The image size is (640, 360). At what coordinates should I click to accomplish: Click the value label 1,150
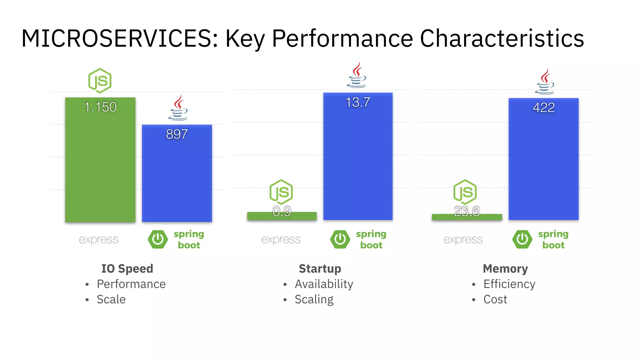click(100, 107)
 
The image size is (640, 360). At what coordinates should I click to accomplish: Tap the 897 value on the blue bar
click(177, 134)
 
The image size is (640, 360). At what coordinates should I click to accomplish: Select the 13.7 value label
click(358, 102)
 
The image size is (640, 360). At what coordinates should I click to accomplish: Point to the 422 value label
click(544, 108)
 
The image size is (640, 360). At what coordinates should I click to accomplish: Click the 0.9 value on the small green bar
click(282, 212)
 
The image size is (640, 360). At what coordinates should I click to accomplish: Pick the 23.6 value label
click(467, 212)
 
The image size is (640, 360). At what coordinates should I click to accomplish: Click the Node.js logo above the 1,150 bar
click(100, 81)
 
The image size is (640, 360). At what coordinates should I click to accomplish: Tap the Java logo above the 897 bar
click(178, 108)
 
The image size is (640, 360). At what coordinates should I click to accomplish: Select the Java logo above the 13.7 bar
click(357, 75)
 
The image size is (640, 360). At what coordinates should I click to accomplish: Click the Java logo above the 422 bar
click(545, 82)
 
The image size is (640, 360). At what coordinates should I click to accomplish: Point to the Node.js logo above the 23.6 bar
click(465, 192)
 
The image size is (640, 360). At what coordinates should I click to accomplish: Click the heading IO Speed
click(127, 268)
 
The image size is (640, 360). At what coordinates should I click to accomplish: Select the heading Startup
click(320, 268)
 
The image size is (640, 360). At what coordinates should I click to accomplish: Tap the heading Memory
click(505, 268)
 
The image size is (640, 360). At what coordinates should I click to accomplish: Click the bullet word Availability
click(324, 284)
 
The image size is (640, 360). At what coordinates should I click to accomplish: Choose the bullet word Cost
click(495, 299)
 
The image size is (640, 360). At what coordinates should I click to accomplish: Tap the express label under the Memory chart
click(463, 240)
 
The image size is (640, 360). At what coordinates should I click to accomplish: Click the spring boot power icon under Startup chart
click(340, 239)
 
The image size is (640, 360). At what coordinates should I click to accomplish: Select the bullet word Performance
click(131, 284)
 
